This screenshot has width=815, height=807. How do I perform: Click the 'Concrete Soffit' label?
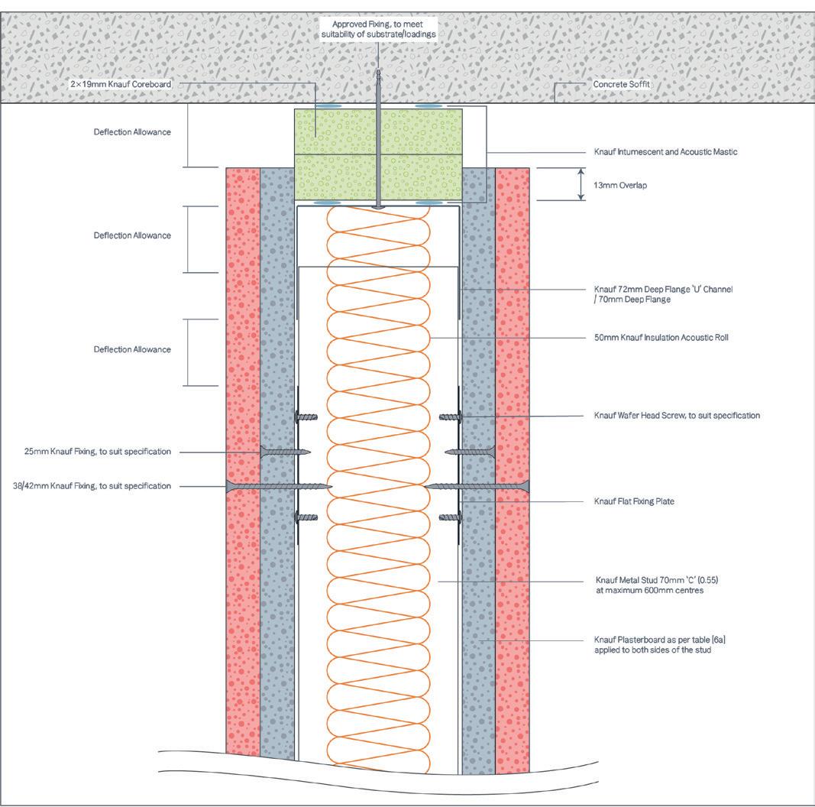(x=621, y=84)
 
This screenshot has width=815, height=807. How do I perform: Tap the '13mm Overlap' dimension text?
(x=620, y=185)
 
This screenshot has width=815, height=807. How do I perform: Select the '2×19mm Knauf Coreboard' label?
(x=121, y=84)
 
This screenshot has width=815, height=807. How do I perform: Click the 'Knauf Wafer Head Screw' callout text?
(x=677, y=416)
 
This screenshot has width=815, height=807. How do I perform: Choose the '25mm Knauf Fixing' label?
(x=97, y=452)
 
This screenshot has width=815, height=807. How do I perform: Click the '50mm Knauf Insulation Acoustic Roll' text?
(x=656, y=337)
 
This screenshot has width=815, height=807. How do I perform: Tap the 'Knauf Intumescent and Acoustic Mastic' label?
(x=665, y=152)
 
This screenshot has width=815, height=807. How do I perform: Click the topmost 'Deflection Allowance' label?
(x=132, y=132)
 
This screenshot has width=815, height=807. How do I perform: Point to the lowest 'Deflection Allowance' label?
(x=132, y=349)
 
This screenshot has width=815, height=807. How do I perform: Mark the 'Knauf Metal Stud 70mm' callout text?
(x=656, y=585)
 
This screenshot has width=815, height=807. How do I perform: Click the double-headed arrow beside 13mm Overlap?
(x=581, y=184)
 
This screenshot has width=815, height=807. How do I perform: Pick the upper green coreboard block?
(x=378, y=131)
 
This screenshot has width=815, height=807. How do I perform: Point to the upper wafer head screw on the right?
(x=451, y=416)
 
